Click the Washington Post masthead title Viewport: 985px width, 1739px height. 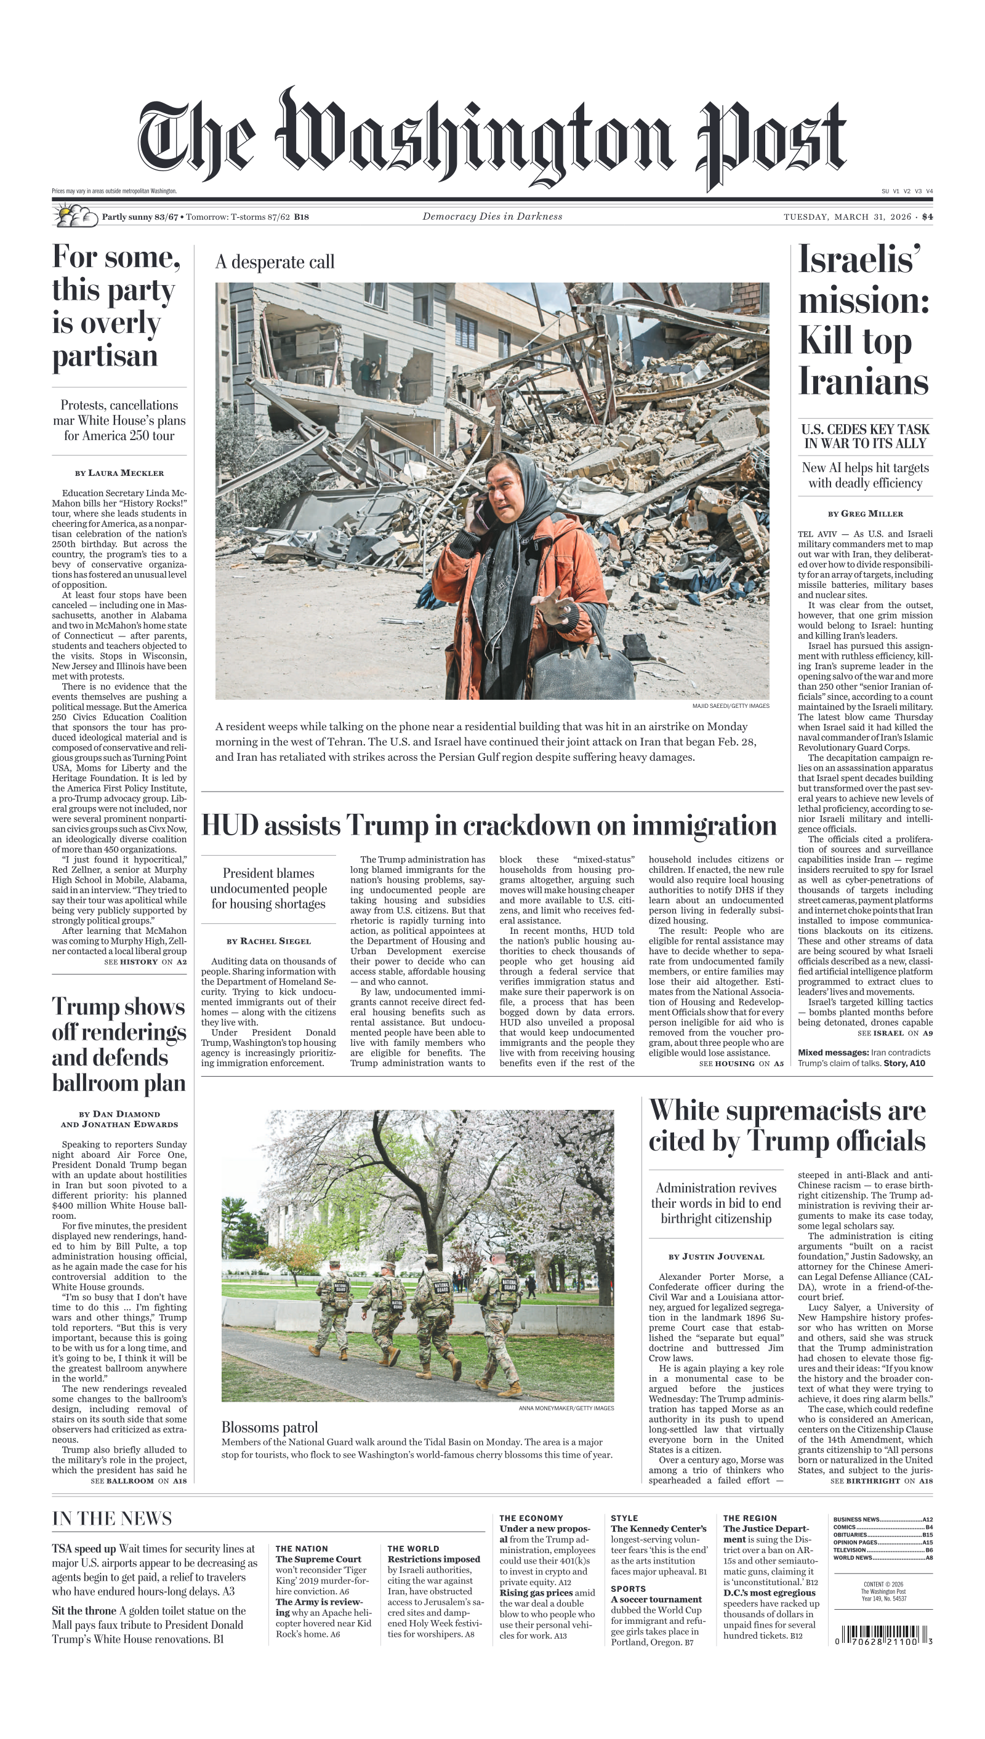(492, 139)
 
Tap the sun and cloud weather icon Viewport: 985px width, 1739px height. (75, 216)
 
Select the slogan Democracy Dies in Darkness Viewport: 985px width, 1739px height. (492, 217)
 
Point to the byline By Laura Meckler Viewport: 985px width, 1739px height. (119, 473)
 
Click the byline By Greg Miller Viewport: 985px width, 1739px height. (865, 513)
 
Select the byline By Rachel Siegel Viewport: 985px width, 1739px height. (268, 941)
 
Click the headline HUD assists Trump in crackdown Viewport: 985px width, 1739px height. (488, 826)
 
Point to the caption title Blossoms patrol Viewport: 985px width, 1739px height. (269, 1427)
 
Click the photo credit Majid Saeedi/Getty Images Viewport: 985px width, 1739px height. (731, 706)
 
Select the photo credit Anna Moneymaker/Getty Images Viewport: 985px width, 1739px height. (566, 1408)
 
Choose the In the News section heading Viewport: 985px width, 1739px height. (111, 1519)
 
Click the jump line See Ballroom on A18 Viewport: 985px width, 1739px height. (139, 1480)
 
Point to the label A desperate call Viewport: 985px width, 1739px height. (275, 262)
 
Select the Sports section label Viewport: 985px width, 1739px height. (628, 1589)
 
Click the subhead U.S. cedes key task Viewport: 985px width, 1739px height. (865, 436)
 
